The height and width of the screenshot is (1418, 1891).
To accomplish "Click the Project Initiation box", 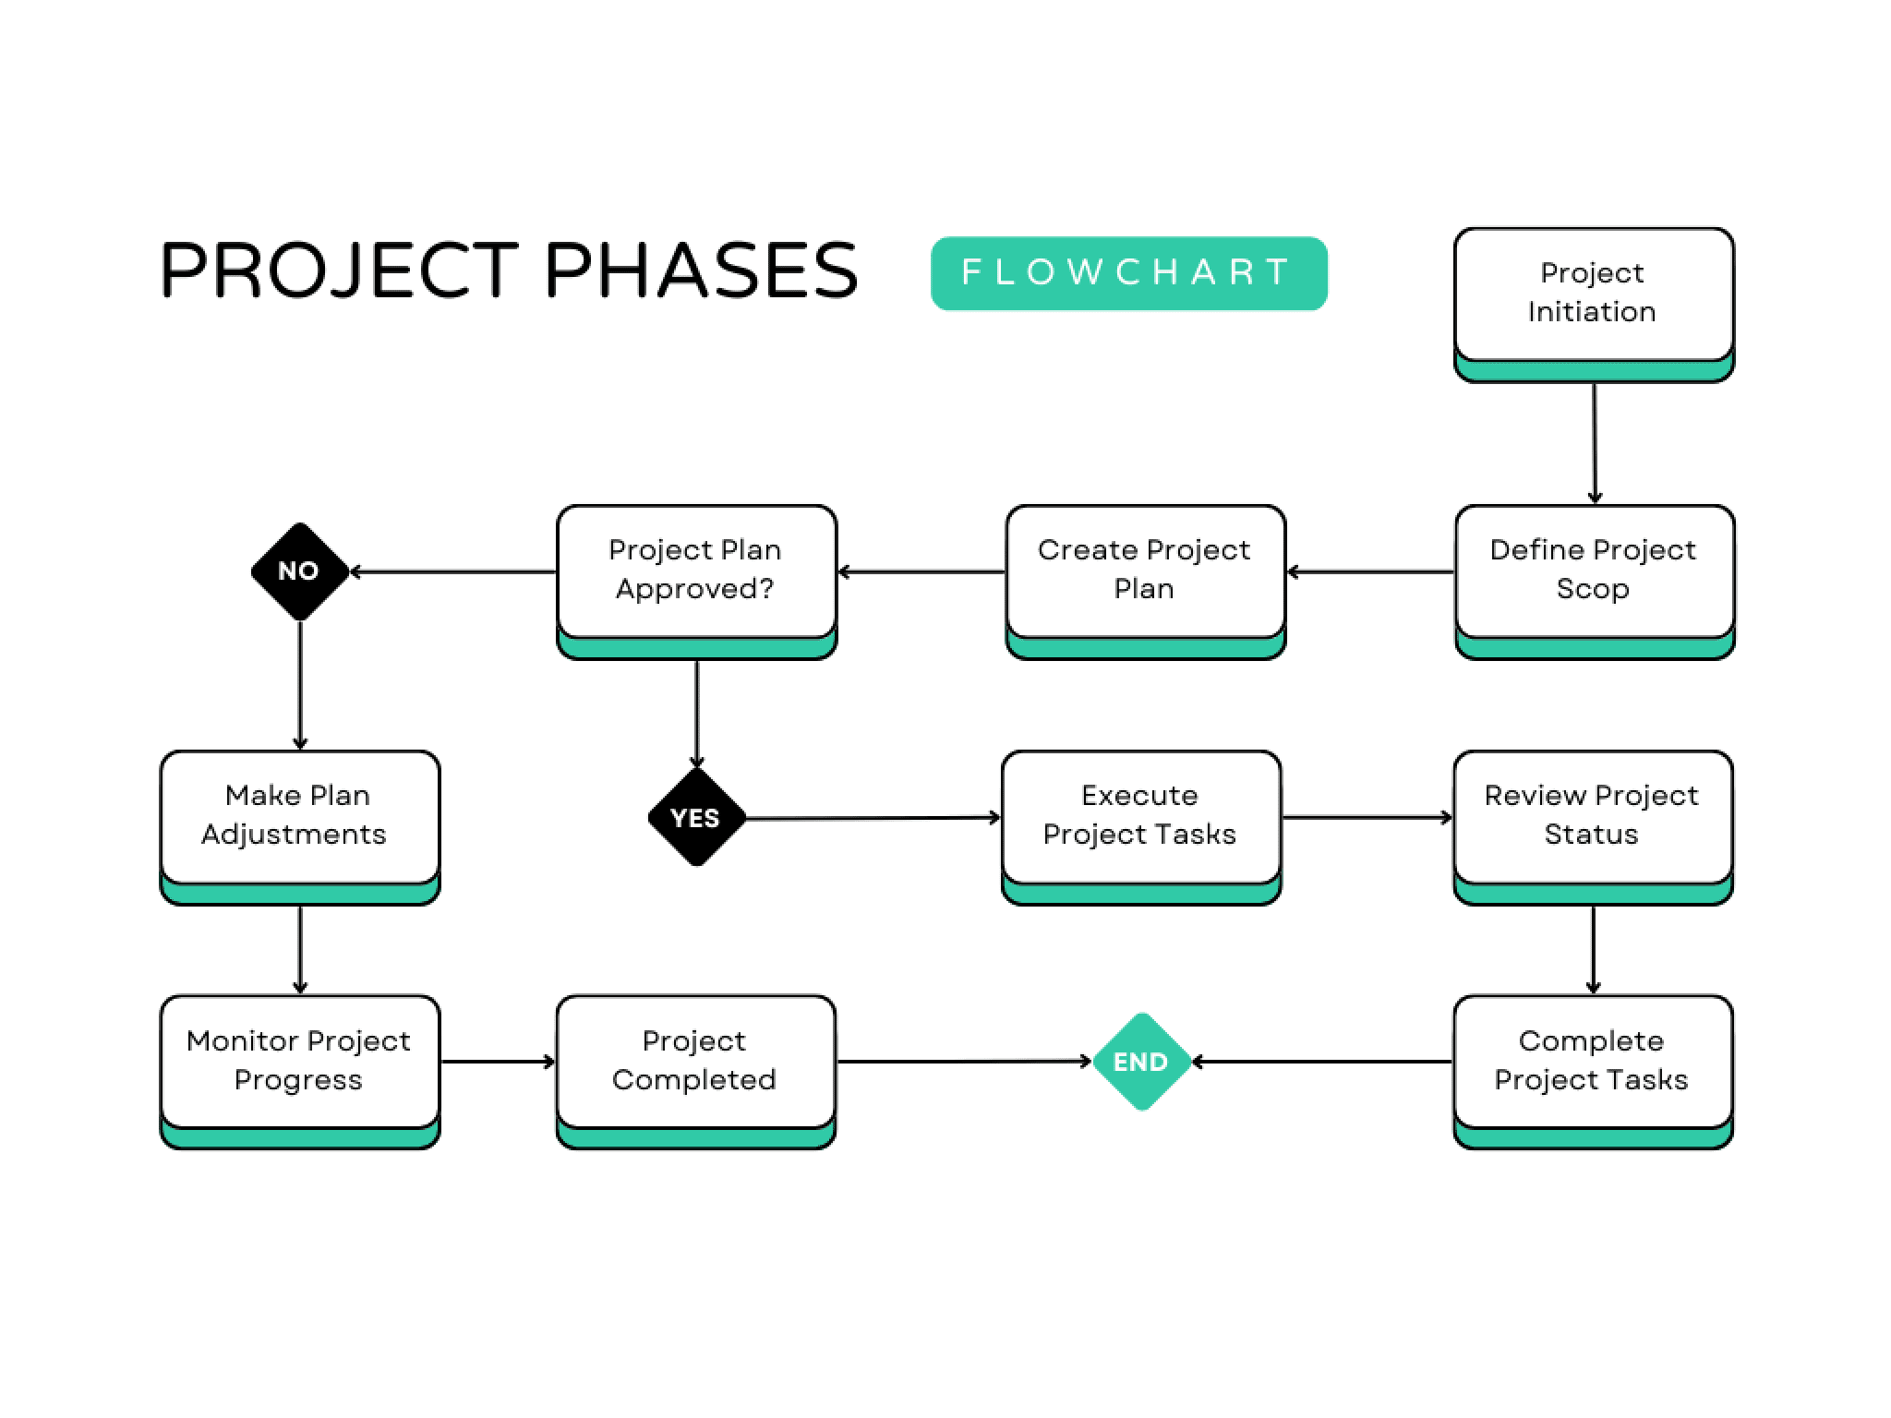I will click(x=1594, y=294).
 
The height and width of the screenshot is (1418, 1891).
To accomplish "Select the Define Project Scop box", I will click(x=1594, y=571).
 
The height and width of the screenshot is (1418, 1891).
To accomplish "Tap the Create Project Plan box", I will click(x=1145, y=571).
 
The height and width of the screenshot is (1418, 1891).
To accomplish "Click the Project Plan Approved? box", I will click(x=696, y=571).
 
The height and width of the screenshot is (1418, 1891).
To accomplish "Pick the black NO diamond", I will click(x=299, y=571).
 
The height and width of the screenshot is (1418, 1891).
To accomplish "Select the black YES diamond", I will click(x=696, y=818).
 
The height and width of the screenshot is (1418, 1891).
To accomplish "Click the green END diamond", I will click(x=1141, y=1062).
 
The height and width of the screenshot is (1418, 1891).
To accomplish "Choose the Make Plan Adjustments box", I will click(x=299, y=816).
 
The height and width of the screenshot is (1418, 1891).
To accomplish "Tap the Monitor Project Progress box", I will click(x=299, y=1061).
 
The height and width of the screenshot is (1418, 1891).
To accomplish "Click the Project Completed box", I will click(x=695, y=1061).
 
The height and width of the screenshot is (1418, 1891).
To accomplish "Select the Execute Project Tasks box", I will click(x=1140, y=816).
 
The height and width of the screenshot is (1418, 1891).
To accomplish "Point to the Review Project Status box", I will click(x=1593, y=816).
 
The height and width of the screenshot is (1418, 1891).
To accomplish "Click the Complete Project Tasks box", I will click(x=1593, y=1061).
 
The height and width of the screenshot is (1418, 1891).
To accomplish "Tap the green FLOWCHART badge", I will click(x=1128, y=273).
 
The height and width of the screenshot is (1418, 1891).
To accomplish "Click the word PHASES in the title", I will click(x=702, y=270).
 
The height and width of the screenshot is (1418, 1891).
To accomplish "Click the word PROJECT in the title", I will click(x=340, y=270).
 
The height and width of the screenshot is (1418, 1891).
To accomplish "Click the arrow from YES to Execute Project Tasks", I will click(x=873, y=818).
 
